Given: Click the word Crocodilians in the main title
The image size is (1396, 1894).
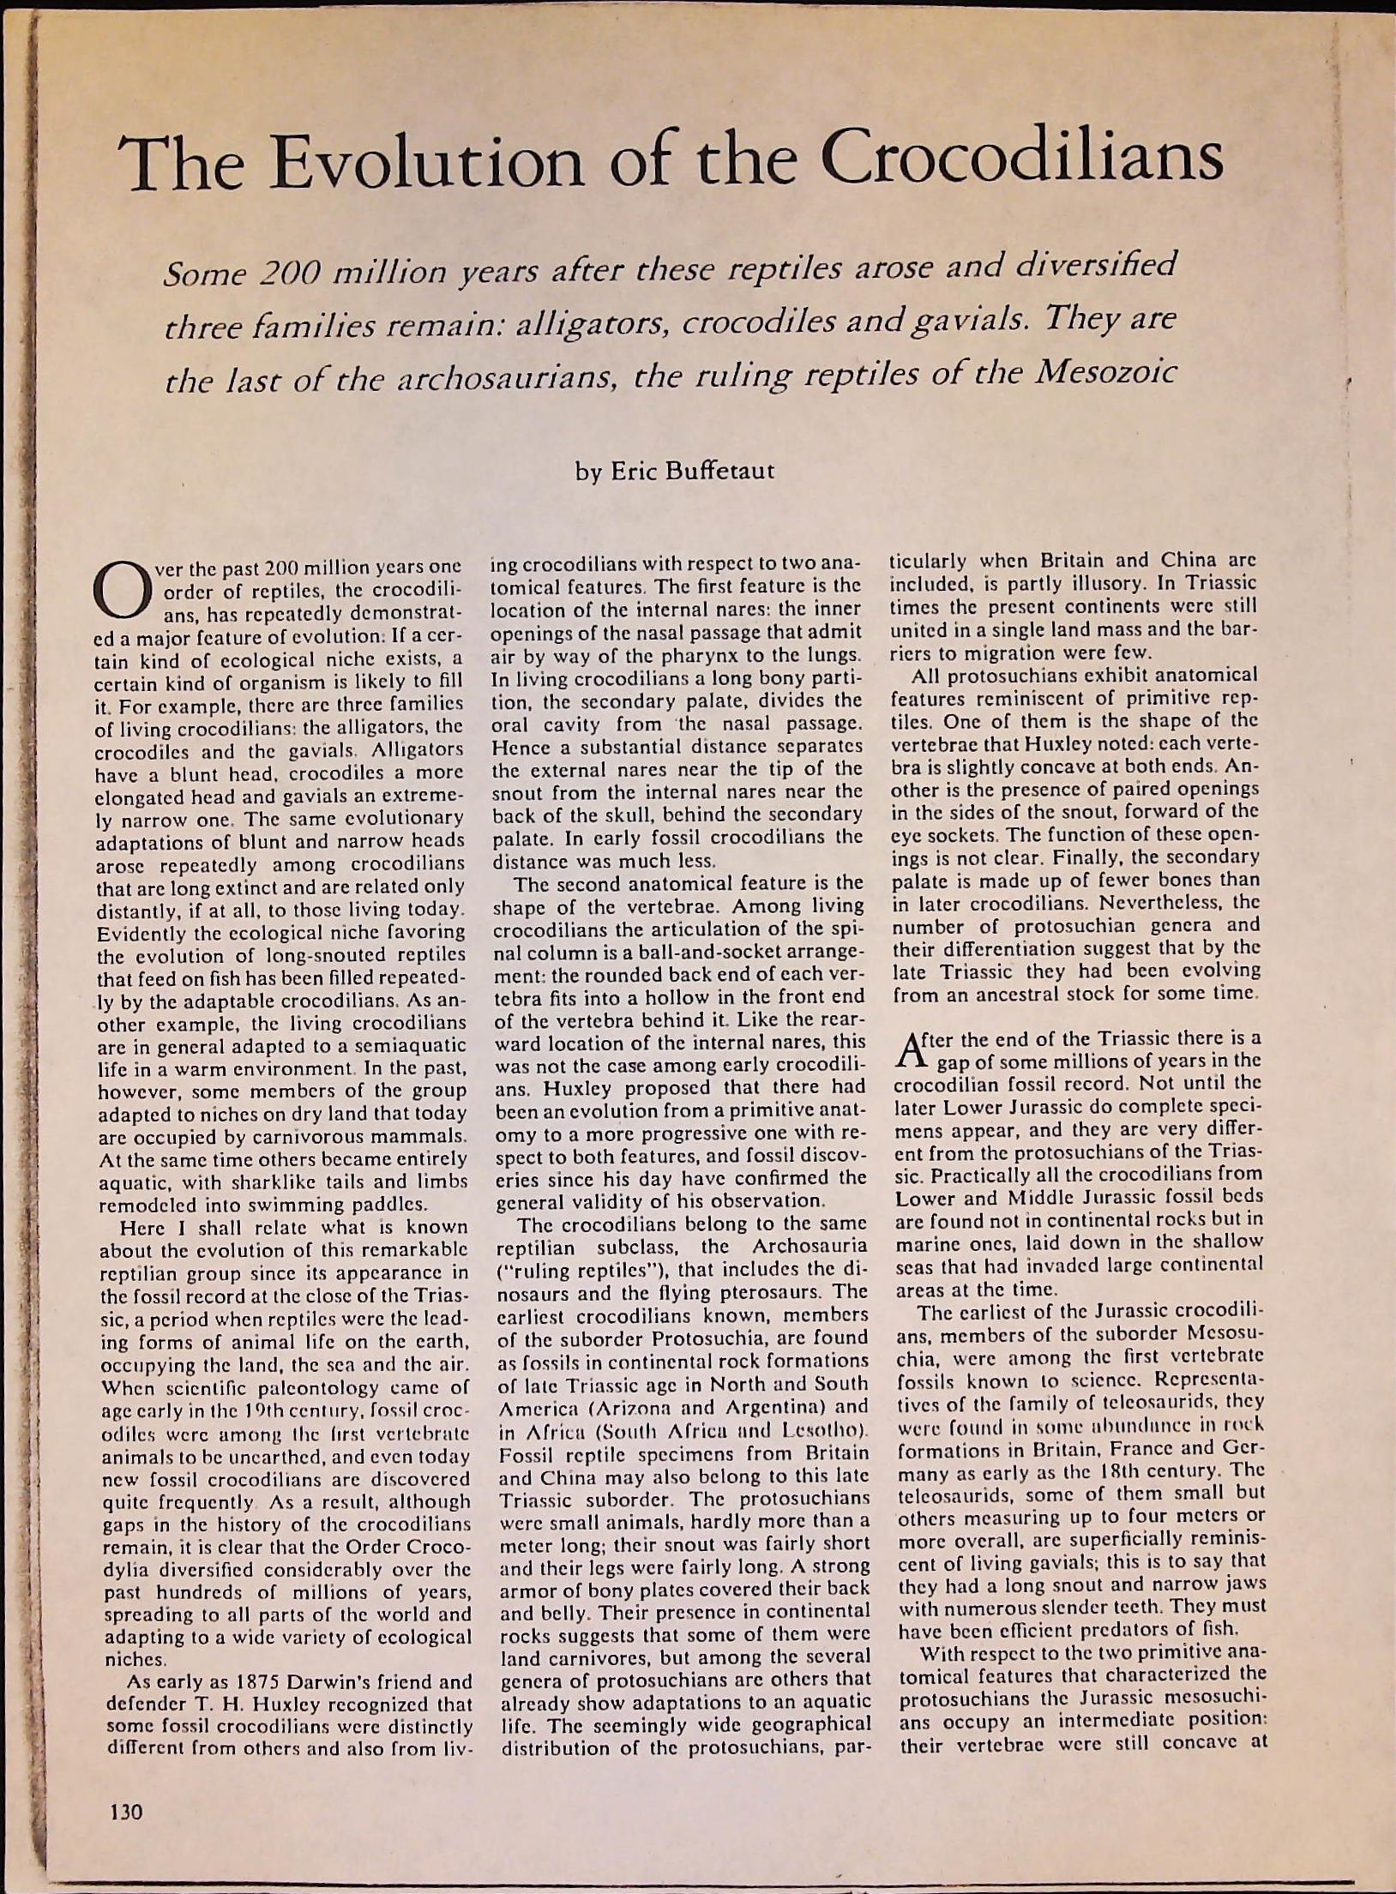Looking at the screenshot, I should point(1022,160).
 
